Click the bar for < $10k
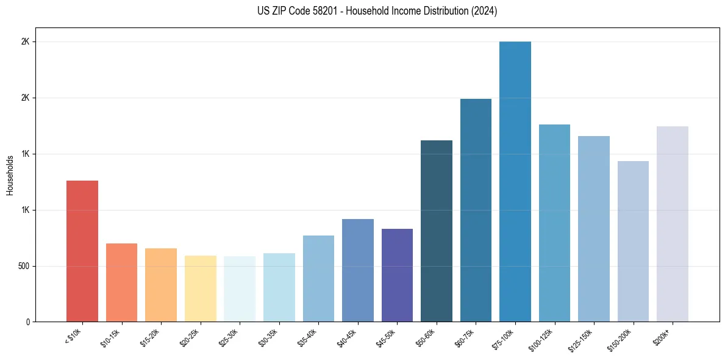pyautogui.click(x=82, y=251)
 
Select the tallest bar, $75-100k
pyautogui.click(x=515, y=181)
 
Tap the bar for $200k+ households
pyautogui.click(x=672, y=224)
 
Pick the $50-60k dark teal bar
pyautogui.click(x=437, y=231)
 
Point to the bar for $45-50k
pyautogui.click(x=397, y=275)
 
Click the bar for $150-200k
pyautogui.click(x=633, y=241)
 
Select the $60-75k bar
pyautogui.click(x=476, y=210)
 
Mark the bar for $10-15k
pyautogui.click(x=121, y=283)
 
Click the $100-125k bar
pyautogui.click(x=554, y=223)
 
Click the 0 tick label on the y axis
pyautogui.click(x=27, y=322)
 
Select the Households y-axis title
pyautogui.click(x=10, y=175)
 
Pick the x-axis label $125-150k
pyautogui.click(x=583, y=340)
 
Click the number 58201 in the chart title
pyautogui.click(x=316, y=11)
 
